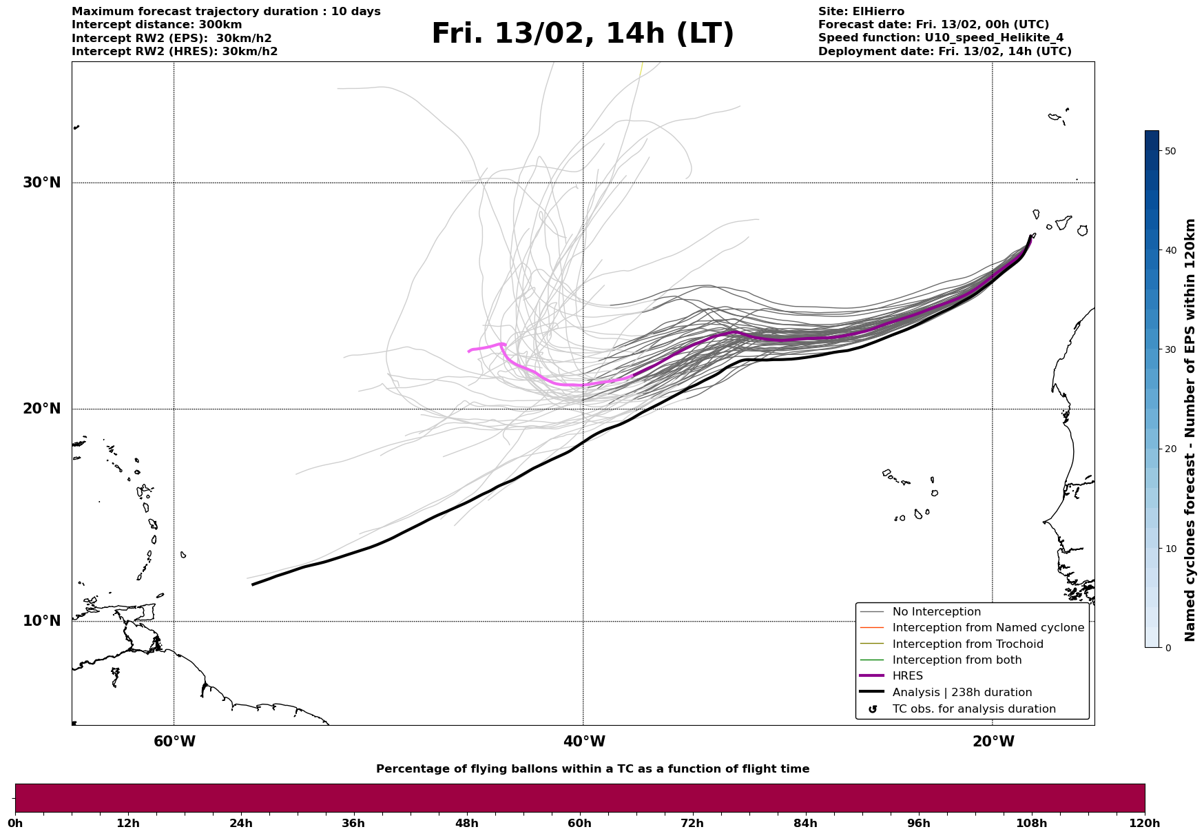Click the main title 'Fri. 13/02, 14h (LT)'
(x=582, y=34)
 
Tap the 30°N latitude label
(x=41, y=183)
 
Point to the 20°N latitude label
(x=41, y=409)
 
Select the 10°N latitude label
(x=41, y=621)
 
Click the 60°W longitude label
(x=174, y=742)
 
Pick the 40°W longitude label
(x=584, y=742)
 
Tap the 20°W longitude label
(x=993, y=742)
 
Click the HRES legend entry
(x=907, y=676)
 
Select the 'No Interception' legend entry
(x=936, y=612)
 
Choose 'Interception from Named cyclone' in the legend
(x=988, y=628)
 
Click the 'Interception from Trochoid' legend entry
(x=967, y=644)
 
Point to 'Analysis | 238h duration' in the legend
(x=962, y=693)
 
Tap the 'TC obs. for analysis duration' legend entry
(x=973, y=709)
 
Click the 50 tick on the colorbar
(x=1170, y=151)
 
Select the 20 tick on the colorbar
(x=1170, y=449)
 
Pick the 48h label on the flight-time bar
(x=466, y=824)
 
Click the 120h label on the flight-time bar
(x=1145, y=824)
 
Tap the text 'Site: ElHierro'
(x=861, y=12)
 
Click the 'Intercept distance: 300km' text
(x=157, y=25)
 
